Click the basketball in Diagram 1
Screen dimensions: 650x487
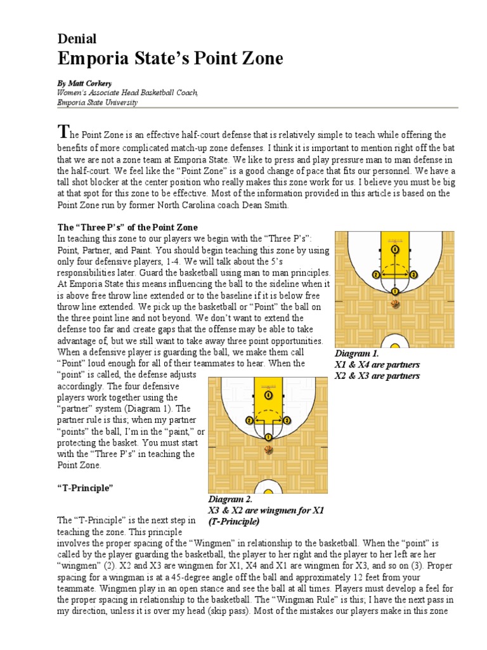click(x=396, y=304)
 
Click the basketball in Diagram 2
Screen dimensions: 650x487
click(x=268, y=450)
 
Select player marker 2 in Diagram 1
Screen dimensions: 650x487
click(x=377, y=275)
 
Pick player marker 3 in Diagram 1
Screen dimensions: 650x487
click(x=414, y=275)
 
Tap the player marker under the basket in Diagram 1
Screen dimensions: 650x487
click(x=396, y=249)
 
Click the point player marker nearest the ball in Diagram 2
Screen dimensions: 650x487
click(x=268, y=437)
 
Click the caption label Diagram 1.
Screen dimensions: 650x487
click(x=356, y=354)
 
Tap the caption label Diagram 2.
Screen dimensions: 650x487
click(x=230, y=499)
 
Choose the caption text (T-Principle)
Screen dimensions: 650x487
click(x=233, y=521)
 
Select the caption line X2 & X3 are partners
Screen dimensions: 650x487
click(x=377, y=376)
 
